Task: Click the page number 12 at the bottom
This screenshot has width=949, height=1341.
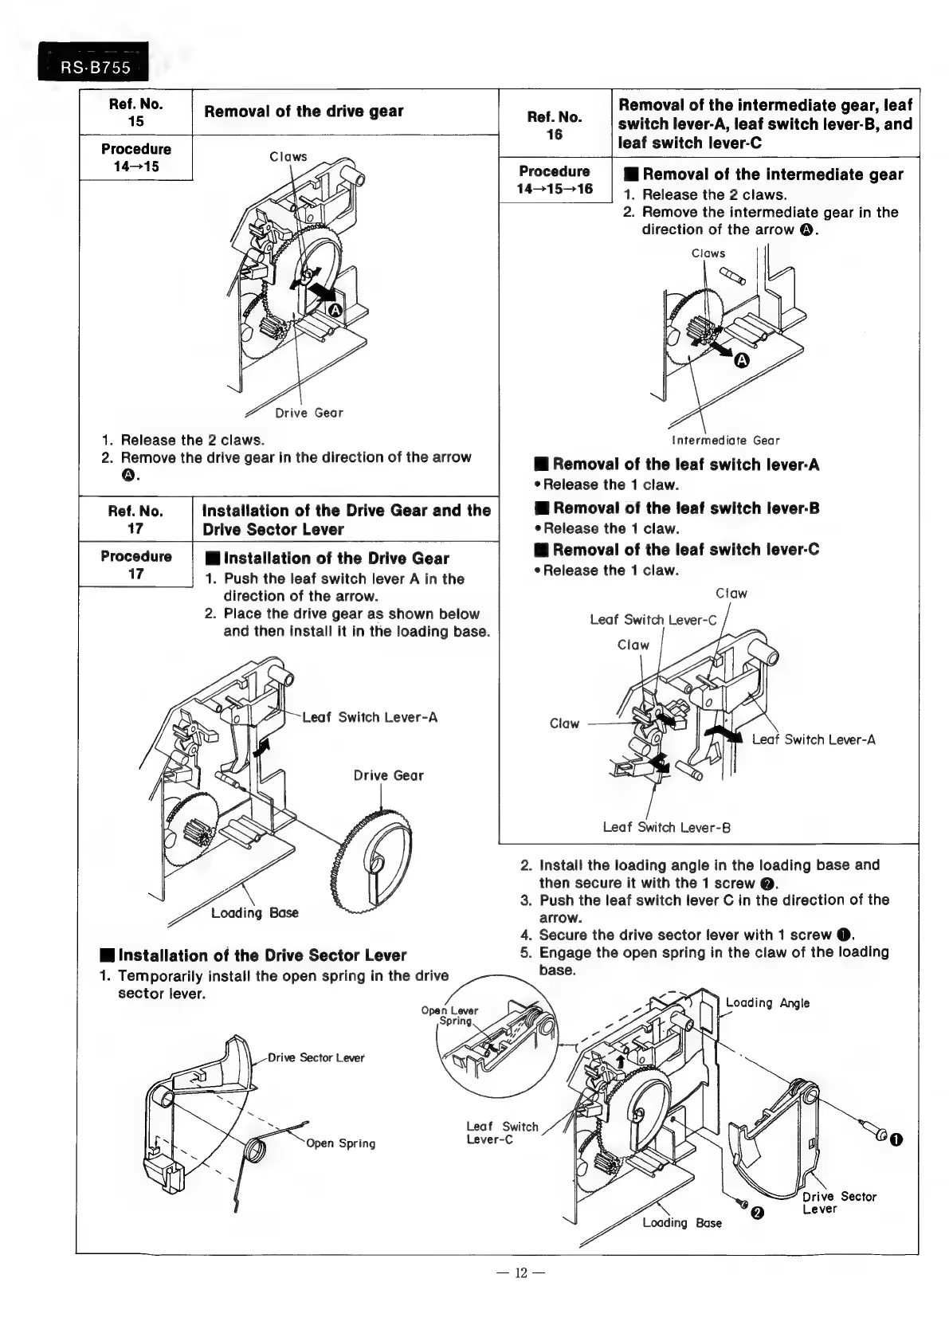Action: coord(521,1272)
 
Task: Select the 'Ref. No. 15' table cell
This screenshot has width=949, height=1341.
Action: coord(135,112)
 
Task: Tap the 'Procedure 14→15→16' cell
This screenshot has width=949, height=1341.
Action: coord(555,180)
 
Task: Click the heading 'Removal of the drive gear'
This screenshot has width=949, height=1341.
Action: coord(304,112)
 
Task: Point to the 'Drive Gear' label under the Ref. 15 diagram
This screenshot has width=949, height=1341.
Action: coord(308,413)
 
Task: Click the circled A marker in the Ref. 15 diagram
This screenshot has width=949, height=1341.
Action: coord(335,310)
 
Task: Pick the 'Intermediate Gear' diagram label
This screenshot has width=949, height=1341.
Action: coord(725,441)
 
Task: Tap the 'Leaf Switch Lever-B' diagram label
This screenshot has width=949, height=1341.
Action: coord(667,827)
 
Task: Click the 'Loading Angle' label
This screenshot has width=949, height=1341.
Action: coord(767,1003)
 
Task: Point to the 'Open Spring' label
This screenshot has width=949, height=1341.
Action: coord(340,1143)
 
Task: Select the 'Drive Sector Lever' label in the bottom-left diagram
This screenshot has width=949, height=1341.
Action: coord(316,1057)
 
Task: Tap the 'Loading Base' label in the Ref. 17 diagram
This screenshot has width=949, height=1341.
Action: coord(254,912)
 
